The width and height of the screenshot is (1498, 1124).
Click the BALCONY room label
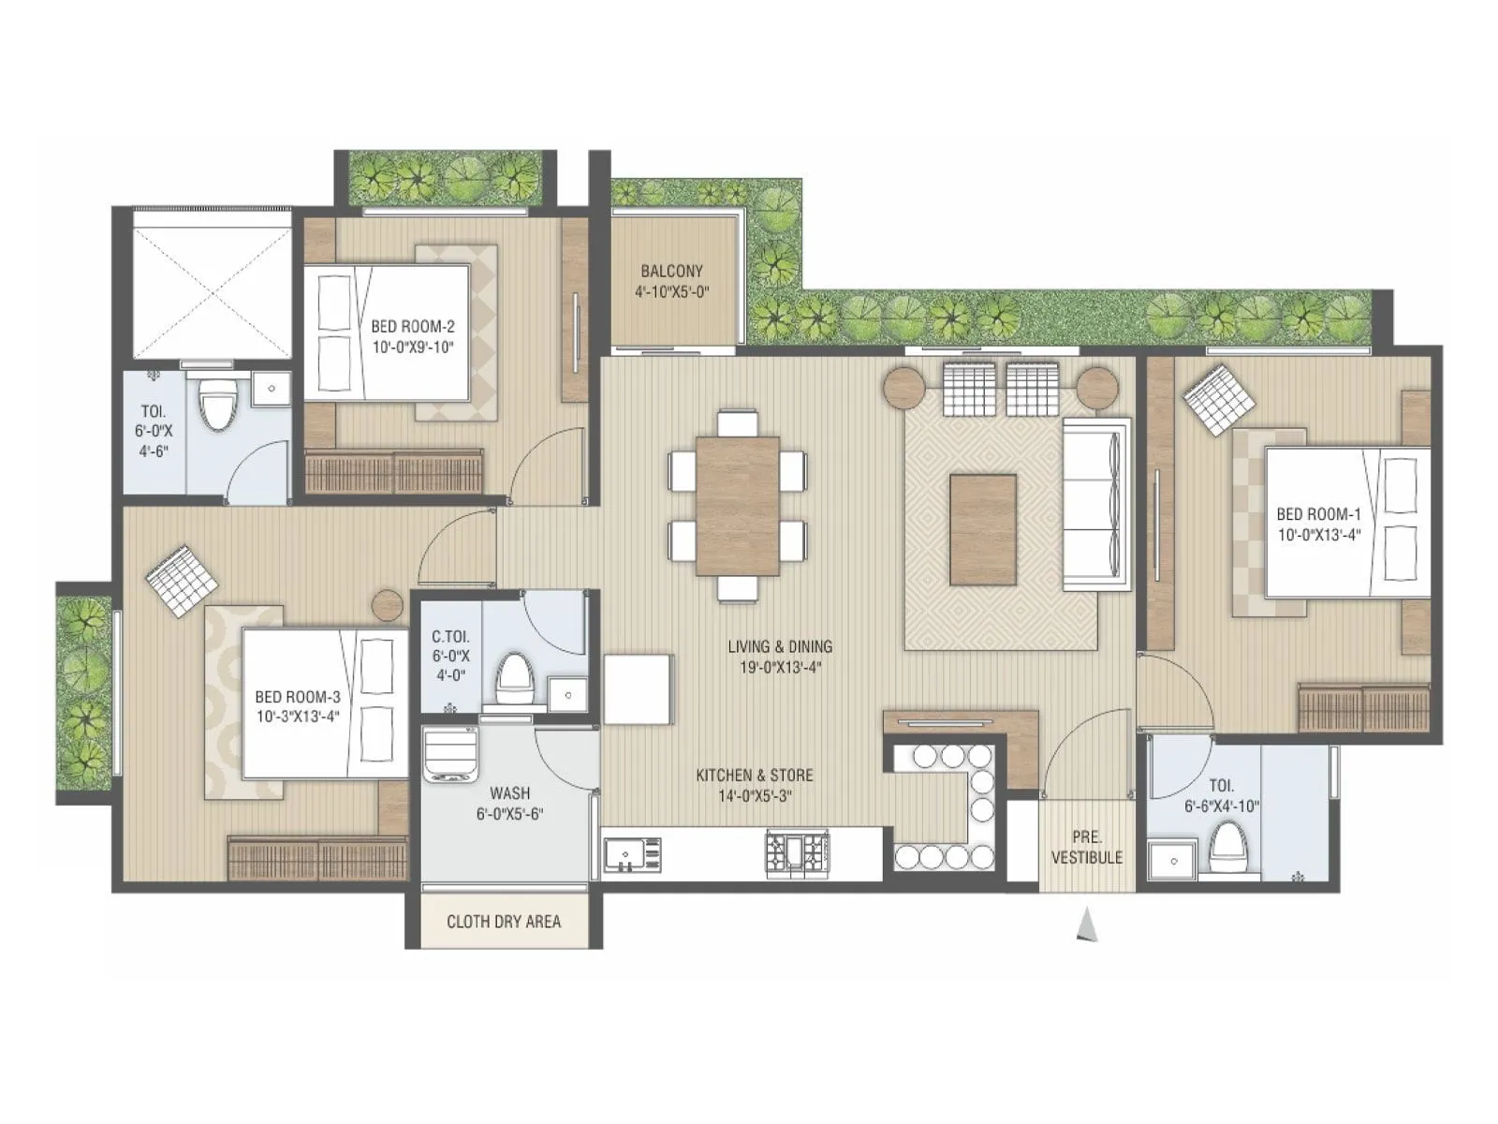pos(671,271)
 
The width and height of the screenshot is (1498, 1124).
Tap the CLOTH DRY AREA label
pos(504,922)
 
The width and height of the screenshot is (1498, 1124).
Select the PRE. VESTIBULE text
pos(1086,847)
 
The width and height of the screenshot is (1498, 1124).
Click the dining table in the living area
pos(738,505)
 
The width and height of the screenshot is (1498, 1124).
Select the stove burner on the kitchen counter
pos(798,853)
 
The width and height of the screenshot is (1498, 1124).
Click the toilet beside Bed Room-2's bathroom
pos(219,401)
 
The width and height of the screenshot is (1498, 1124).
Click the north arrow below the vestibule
pos(1086,924)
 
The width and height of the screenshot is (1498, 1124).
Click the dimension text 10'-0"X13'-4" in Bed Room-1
pos(1318,535)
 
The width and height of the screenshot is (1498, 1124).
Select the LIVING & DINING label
pos(780,646)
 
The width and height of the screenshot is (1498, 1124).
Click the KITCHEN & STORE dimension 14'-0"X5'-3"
pos(755,796)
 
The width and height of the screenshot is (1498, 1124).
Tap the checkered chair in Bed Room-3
pos(183,580)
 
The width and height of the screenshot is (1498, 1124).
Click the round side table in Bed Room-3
pos(388,605)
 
